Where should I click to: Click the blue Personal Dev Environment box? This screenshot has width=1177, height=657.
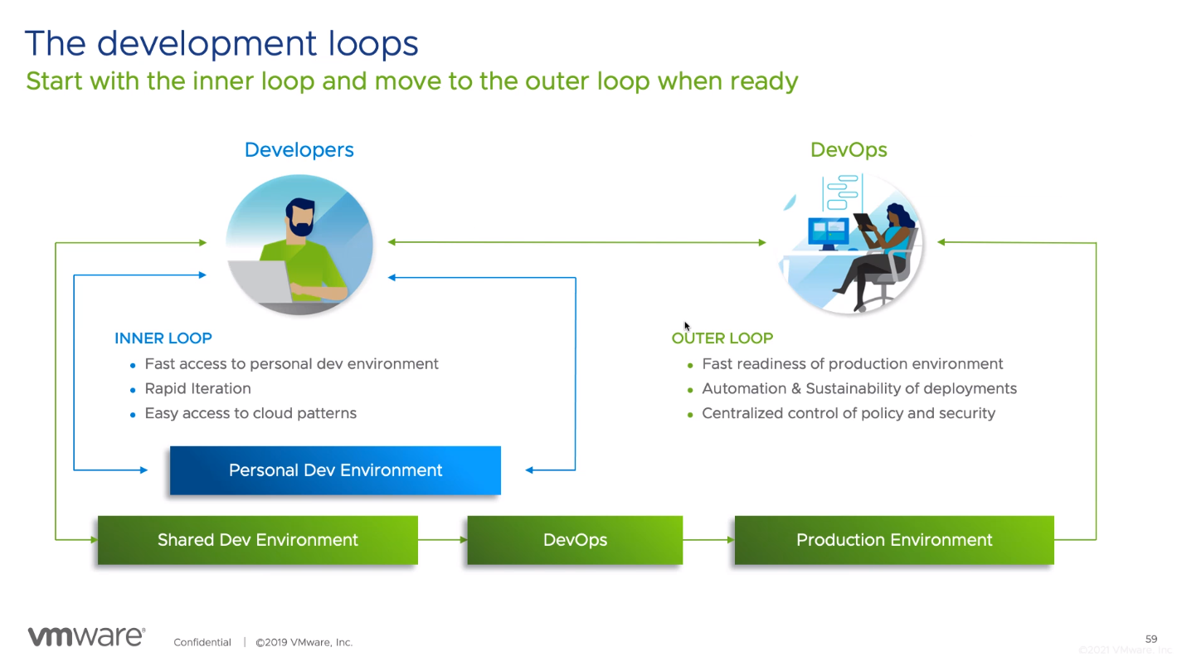pyautogui.click(x=335, y=470)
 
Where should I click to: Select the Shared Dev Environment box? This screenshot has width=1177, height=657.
pyautogui.click(x=257, y=540)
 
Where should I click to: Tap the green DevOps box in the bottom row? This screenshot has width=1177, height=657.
pyautogui.click(x=575, y=540)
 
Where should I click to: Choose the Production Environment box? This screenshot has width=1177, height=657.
pyautogui.click(x=894, y=540)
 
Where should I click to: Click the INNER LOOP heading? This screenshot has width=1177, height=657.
pyautogui.click(x=163, y=338)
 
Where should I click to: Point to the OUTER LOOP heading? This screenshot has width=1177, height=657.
pyautogui.click(x=722, y=338)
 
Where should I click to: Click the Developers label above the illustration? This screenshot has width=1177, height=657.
pyautogui.click(x=299, y=150)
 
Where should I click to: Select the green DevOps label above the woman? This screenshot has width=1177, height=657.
pyautogui.click(x=849, y=150)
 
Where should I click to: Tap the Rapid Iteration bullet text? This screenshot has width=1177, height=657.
pyautogui.click(x=198, y=388)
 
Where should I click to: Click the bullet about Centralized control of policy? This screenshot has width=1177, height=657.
pyautogui.click(x=849, y=413)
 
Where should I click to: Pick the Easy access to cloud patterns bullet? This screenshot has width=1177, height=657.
pyautogui.click(x=250, y=413)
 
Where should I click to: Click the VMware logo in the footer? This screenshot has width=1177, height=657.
pyautogui.click(x=87, y=636)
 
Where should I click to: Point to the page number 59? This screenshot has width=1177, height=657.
pyautogui.click(x=1151, y=639)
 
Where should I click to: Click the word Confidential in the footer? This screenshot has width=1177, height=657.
pyautogui.click(x=202, y=642)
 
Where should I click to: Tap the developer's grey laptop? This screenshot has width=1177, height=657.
pyautogui.click(x=260, y=281)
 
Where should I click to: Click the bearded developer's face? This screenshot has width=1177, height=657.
pyautogui.click(x=300, y=218)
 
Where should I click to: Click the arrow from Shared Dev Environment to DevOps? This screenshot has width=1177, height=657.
pyautogui.click(x=442, y=540)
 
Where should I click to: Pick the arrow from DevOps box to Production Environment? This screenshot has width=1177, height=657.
pyautogui.click(x=708, y=540)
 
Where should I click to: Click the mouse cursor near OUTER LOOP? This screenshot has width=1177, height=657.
pyautogui.click(x=687, y=326)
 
